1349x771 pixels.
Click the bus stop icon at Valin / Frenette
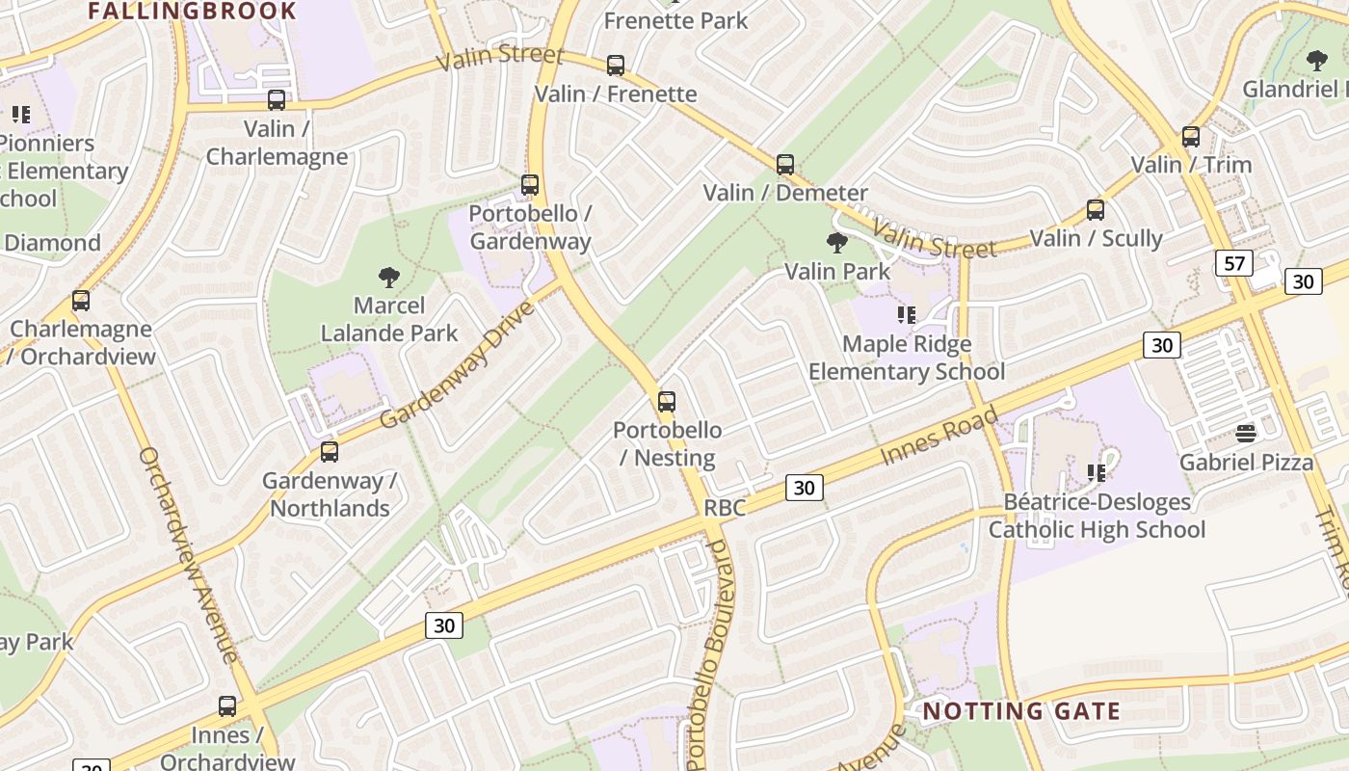616,66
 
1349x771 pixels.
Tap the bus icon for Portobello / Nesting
667,402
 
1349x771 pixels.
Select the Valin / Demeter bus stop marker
785,165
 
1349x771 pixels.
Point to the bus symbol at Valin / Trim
1191,137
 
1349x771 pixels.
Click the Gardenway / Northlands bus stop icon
330,452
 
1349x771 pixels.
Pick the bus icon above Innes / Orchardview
227,706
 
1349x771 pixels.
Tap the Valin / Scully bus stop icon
1096,210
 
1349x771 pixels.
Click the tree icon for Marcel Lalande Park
389,279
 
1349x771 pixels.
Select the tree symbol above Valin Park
837,243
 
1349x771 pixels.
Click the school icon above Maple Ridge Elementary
906,315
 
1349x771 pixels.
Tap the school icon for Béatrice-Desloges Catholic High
1097,472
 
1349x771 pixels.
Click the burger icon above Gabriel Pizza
1246,434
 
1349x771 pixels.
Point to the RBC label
725,508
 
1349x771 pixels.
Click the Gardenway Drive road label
457,366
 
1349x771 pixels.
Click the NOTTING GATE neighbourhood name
1021,712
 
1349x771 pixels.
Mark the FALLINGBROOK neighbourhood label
193,12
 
